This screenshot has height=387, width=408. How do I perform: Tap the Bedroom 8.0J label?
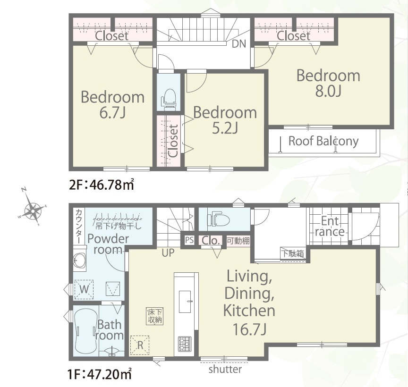pos(328,83)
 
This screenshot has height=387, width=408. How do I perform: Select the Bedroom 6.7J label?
pos(112,105)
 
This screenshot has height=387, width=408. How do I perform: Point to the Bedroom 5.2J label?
pos(225,120)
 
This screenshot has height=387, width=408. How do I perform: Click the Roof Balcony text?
pos(323,142)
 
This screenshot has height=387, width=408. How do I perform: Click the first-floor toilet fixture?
pos(218,219)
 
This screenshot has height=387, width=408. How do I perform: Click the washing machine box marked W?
pos(84,289)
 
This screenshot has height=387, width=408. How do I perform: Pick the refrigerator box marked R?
pos(140,345)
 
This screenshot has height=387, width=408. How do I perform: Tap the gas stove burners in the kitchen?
pos(185,343)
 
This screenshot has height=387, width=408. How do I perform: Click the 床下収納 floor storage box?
pos(155,316)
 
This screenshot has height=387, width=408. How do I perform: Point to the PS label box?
pos(189,240)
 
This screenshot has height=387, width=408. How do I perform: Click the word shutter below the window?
pos(225,369)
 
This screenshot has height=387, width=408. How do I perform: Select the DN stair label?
pos(239,44)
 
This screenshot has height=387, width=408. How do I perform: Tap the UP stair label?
pos(168,253)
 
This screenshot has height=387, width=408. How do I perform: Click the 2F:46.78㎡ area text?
pos(102,185)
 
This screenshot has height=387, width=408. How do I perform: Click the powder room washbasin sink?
pos(80,260)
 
